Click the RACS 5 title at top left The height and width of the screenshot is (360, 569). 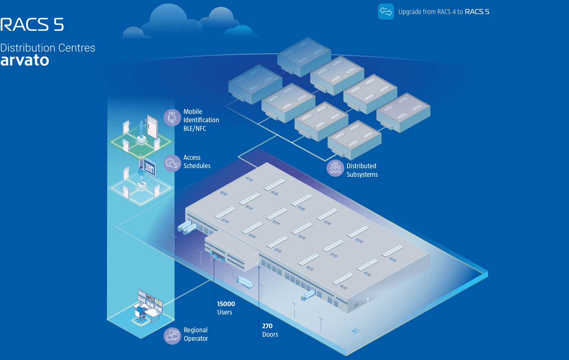[32, 25]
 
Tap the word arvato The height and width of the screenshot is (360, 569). [25, 60]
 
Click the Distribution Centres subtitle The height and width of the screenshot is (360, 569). [48, 48]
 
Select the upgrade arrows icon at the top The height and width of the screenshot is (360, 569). [386, 12]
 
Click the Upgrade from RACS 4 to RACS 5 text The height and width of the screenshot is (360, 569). [443, 12]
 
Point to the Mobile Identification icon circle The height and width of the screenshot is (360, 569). [172, 117]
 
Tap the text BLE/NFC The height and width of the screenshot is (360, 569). [195, 129]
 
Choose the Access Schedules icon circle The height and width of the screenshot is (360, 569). [172, 163]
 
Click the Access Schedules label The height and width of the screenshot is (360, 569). [197, 162]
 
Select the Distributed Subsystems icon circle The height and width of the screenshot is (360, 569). [335, 168]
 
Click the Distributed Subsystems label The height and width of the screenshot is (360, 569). [362, 170]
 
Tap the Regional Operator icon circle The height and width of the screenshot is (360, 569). [172, 336]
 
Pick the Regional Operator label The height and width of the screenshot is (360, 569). [196, 334]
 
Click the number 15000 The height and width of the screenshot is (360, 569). [226, 304]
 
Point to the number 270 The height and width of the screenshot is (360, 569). [267, 326]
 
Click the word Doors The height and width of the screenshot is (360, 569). [270, 334]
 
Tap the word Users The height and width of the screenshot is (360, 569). [225, 312]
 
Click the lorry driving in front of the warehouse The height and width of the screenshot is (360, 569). [244, 282]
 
